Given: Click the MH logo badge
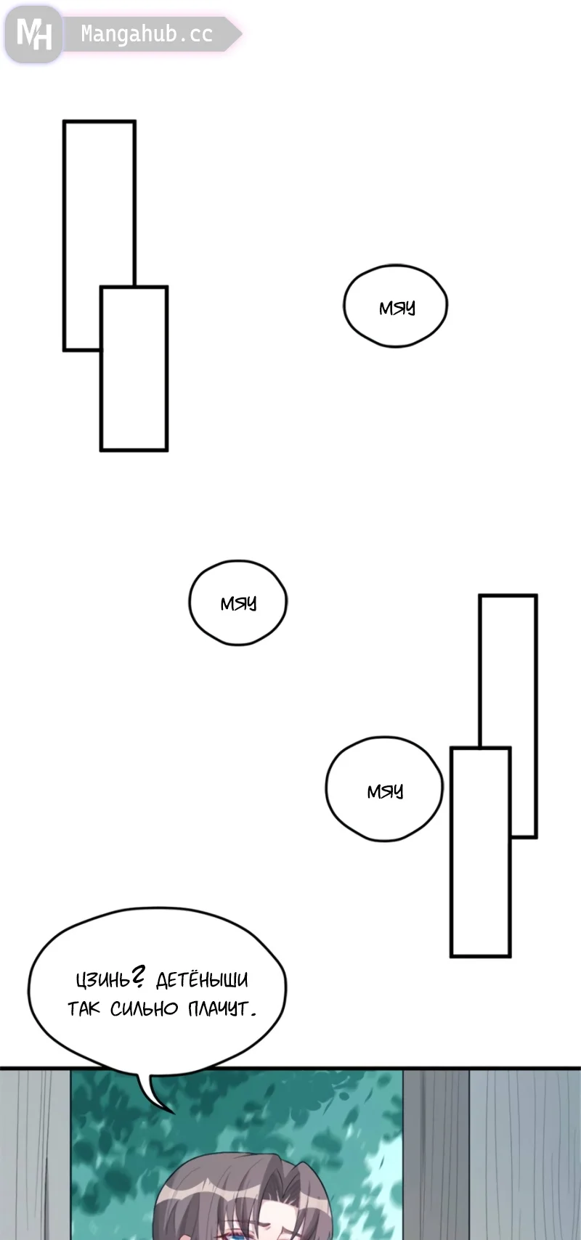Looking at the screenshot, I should (33, 33).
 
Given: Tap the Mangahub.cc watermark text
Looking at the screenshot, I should (146, 34).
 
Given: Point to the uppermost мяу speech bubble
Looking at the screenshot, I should (395, 306).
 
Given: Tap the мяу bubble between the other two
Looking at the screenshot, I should (238, 603).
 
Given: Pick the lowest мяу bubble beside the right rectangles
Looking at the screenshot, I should (383, 790).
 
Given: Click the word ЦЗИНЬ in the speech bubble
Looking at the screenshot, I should (102, 980).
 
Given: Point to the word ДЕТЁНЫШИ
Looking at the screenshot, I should (202, 980).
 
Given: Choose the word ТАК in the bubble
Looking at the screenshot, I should (84, 1008).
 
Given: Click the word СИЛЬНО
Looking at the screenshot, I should (145, 1008).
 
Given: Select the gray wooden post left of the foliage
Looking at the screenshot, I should (35, 1154).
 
